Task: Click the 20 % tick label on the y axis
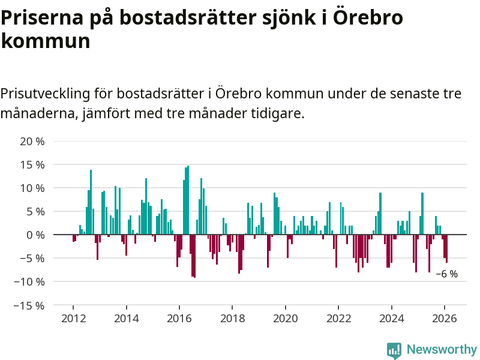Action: click(x=32, y=142)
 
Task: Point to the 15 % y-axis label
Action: click(x=32, y=165)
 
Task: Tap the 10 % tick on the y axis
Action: click(x=32, y=188)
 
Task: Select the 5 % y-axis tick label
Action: click(x=35, y=212)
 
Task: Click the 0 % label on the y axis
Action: click(x=35, y=235)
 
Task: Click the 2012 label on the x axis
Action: click(x=73, y=318)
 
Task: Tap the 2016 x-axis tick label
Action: click(x=179, y=318)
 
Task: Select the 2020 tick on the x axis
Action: click(x=285, y=318)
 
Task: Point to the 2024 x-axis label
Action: click(x=391, y=318)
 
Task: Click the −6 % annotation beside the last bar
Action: click(x=446, y=274)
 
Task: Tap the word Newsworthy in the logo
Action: click(x=442, y=349)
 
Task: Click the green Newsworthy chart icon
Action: click(x=394, y=350)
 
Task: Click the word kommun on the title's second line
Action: click(x=46, y=41)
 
